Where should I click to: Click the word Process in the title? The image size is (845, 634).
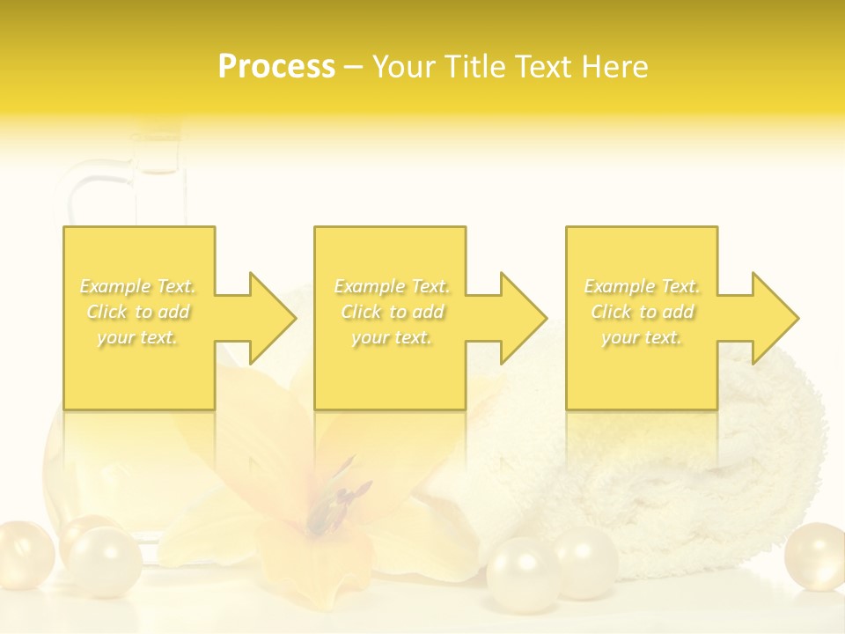(276, 67)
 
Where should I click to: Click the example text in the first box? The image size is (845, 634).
(138, 312)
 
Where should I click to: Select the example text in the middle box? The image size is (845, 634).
(392, 312)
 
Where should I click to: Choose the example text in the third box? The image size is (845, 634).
(642, 312)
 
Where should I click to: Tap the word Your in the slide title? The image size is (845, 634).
(402, 67)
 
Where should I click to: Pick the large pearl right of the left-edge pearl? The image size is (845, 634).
(104, 561)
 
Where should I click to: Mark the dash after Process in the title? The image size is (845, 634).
(353, 67)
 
